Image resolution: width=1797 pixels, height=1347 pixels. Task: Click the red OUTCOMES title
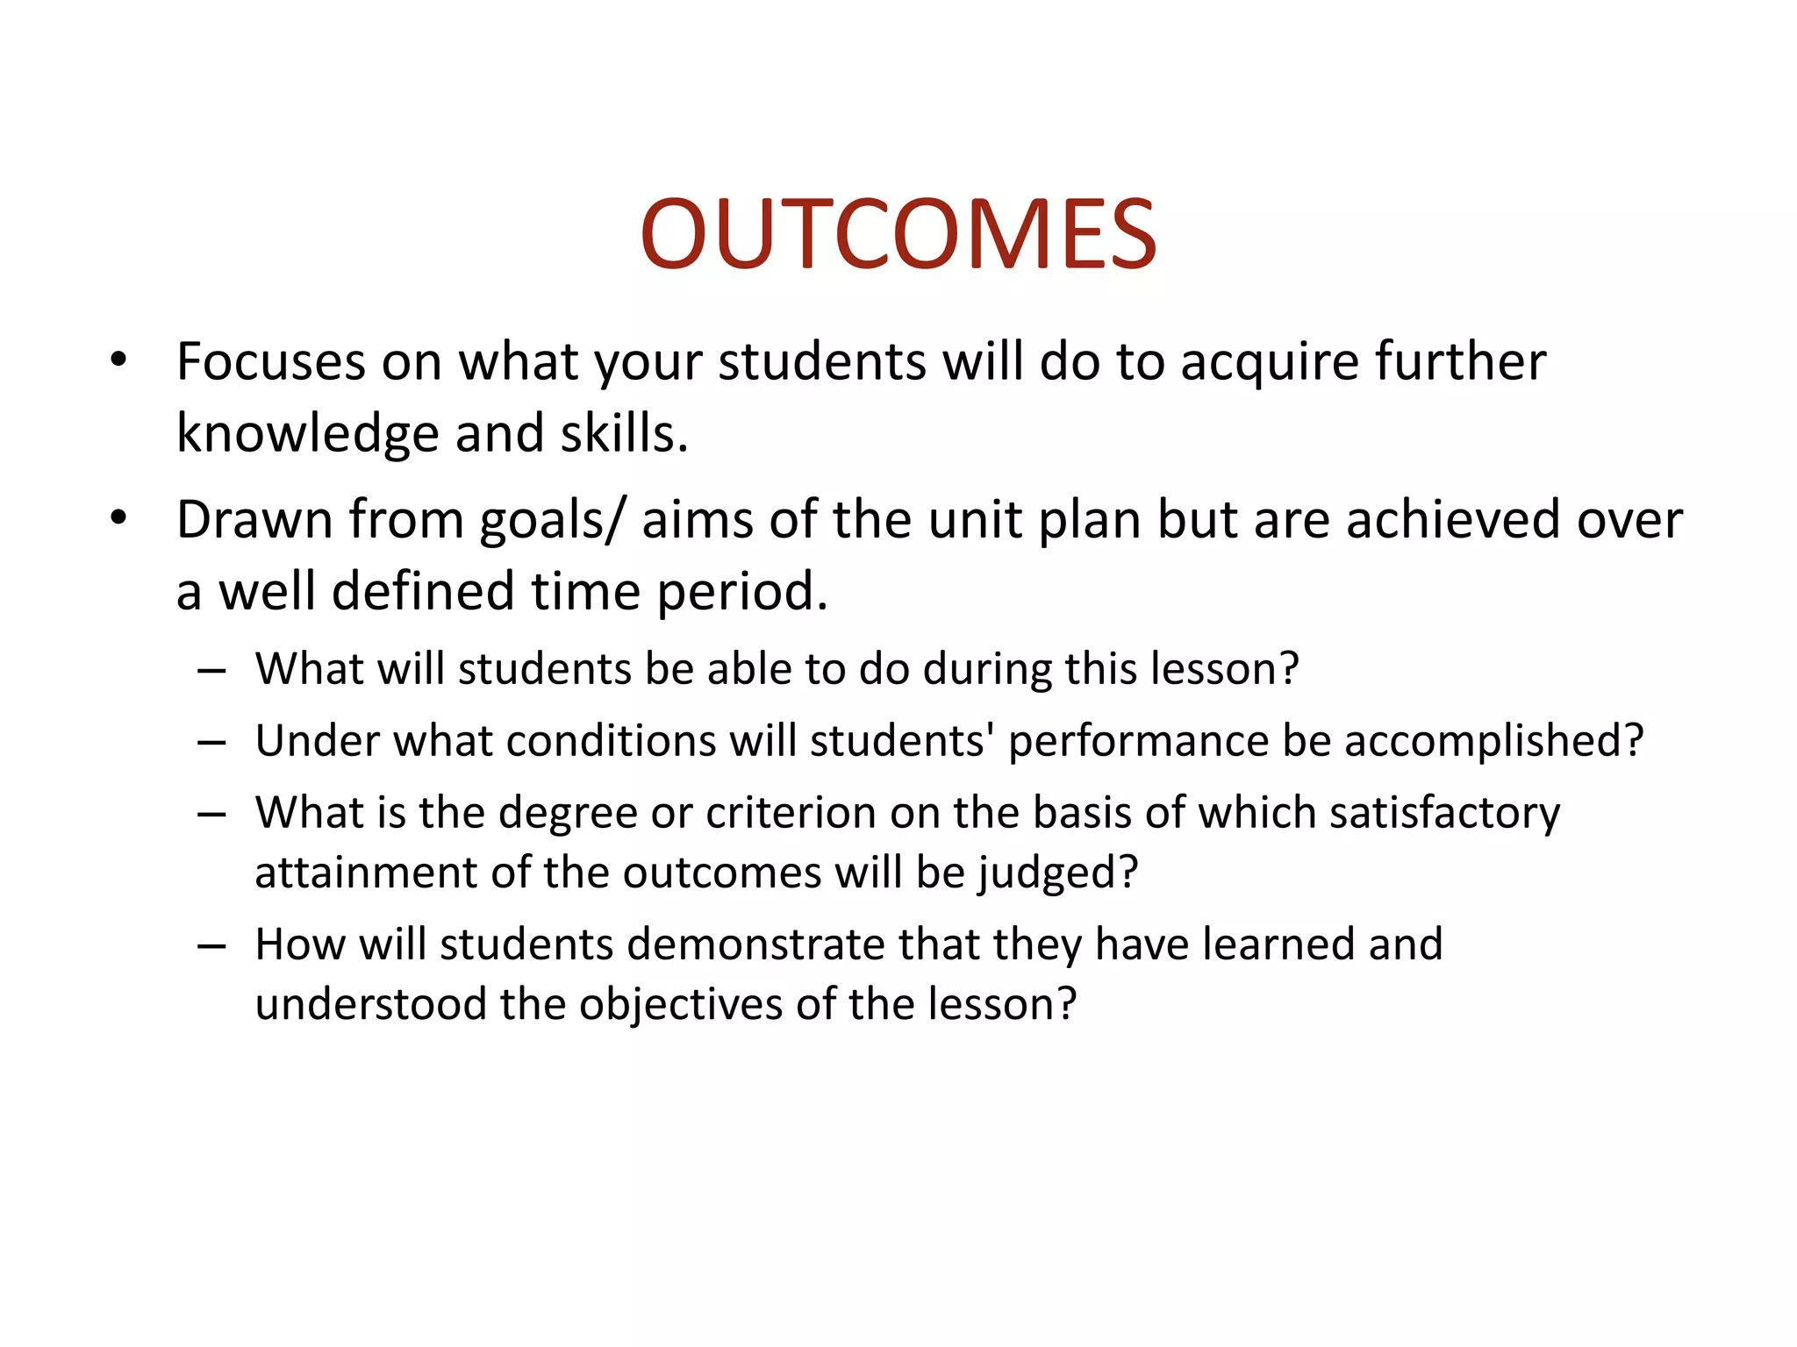click(898, 234)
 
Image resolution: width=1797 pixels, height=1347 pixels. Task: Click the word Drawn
click(254, 519)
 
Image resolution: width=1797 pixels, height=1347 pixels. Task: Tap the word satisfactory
click(1444, 813)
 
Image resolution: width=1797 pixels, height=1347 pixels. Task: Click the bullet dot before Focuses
click(118, 360)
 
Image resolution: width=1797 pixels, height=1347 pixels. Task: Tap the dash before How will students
click(211, 945)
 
